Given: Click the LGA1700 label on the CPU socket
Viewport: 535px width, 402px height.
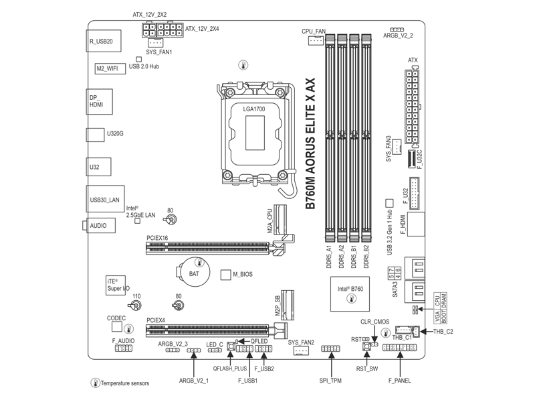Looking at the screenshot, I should [x=256, y=108].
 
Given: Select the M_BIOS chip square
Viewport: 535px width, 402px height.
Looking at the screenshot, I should [x=225, y=275].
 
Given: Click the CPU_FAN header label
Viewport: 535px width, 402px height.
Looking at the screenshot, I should [x=314, y=31].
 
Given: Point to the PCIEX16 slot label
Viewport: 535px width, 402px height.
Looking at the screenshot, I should [x=157, y=238].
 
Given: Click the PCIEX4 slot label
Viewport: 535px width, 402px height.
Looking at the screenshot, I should [x=156, y=320].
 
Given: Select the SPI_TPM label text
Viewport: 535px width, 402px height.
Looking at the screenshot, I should [x=330, y=381].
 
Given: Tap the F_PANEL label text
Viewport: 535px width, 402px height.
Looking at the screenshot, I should [x=400, y=381].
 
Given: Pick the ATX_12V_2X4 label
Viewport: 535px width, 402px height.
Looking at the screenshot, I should [x=201, y=29].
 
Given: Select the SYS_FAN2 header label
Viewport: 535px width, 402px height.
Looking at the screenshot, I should [x=301, y=342].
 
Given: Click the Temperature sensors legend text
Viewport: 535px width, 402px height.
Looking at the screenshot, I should [x=124, y=383].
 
